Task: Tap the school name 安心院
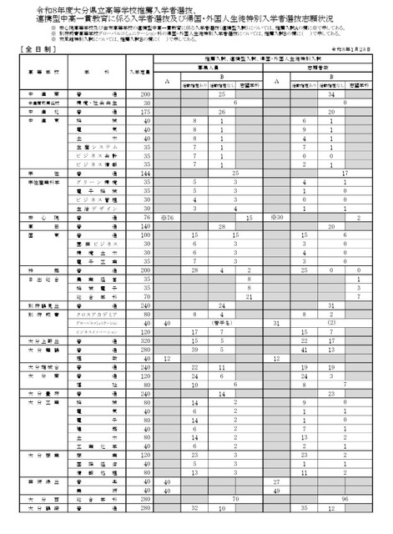click(x=38, y=217)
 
